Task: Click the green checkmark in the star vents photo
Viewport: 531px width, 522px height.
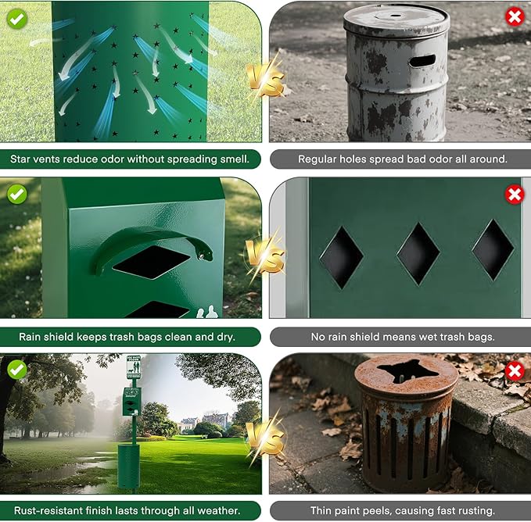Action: coord(17,17)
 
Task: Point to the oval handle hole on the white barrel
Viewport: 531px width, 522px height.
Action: coord(422,60)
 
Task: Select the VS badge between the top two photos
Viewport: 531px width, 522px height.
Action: coord(265,78)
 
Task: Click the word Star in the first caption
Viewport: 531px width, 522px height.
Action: coord(23,159)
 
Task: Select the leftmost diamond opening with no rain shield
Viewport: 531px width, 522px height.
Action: coord(342,257)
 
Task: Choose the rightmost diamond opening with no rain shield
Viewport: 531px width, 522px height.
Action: coord(492,249)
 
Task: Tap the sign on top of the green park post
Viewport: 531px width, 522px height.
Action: coord(134,367)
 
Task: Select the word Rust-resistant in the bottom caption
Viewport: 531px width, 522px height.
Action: coord(49,510)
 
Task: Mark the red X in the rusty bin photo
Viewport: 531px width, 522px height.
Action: coord(514,370)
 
